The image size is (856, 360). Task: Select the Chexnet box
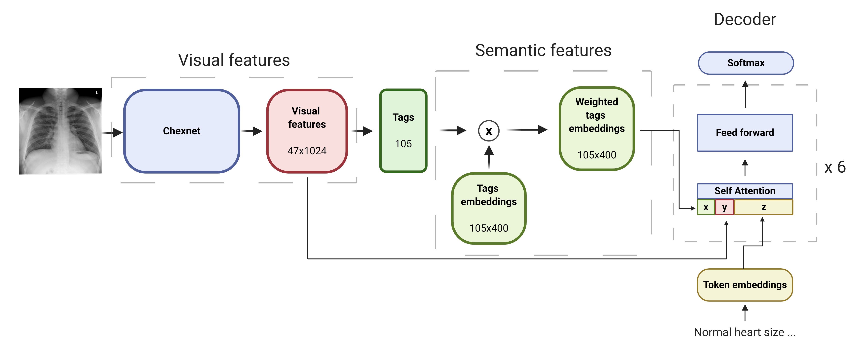tap(181, 131)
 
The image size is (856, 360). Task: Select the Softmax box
tap(746, 63)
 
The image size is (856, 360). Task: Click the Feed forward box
tap(745, 133)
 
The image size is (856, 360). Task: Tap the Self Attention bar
tap(745, 191)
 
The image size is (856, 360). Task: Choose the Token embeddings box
tap(745, 285)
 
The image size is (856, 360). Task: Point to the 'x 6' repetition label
tap(835, 167)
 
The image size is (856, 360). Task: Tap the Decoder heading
tap(745, 19)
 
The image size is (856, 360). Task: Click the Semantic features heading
tap(543, 50)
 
